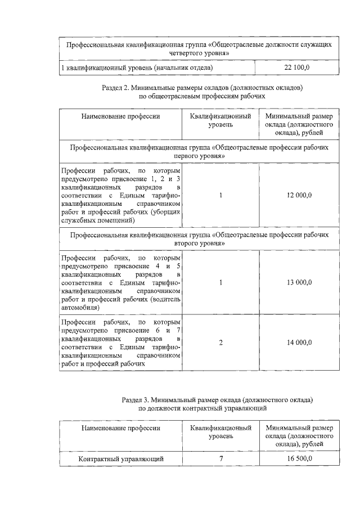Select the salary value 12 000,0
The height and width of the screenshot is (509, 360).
click(299, 195)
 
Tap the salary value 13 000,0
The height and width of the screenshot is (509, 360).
click(299, 282)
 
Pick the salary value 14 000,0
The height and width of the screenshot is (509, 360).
click(299, 343)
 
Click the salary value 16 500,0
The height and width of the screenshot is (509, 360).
click(299, 460)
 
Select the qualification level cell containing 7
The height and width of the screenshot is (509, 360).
click(221, 460)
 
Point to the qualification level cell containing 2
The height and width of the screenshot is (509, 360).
click(221, 343)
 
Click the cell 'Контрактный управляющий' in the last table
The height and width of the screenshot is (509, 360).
click(121, 460)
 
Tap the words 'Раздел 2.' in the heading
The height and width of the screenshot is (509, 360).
click(117, 88)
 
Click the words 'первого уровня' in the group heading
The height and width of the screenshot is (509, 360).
click(200, 155)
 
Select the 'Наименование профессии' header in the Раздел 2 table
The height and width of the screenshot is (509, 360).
click(121, 116)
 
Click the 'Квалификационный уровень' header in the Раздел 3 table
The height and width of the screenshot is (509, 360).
click(221, 432)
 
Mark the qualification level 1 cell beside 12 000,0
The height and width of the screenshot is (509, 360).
click(221, 195)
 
